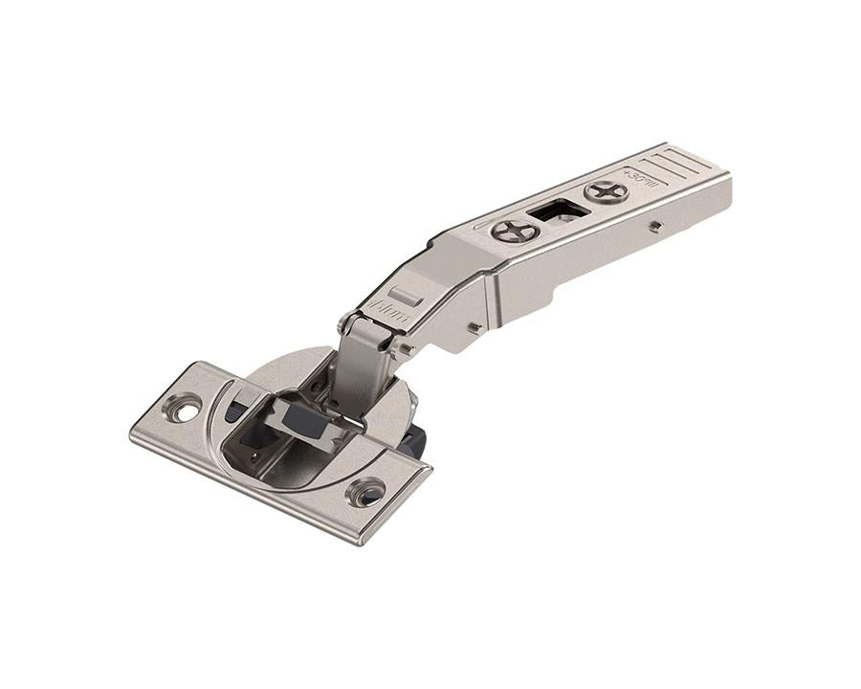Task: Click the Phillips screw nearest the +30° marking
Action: (607, 190)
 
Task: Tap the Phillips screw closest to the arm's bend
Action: (515, 231)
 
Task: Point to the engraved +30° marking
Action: (638, 179)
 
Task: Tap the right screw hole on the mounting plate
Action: (367, 493)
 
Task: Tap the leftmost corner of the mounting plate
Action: (131, 435)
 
